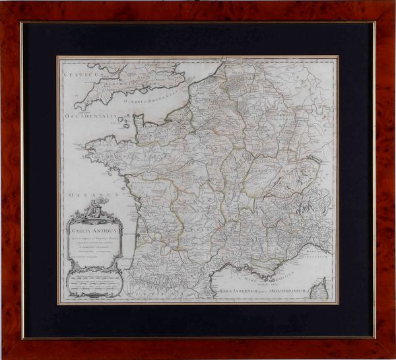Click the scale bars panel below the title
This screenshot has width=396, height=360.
92,284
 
